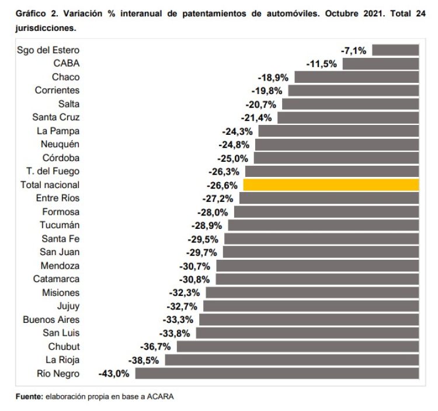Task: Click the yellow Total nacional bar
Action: [331, 184]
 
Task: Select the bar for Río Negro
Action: [285, 374]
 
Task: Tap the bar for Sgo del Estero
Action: [395, 50]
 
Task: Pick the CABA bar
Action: [381, 64]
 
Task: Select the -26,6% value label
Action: [221, 185]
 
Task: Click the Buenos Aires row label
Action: [51, 319]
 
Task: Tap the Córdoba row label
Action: [61, 158]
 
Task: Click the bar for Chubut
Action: [298, 347]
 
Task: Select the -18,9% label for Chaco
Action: [274, 77]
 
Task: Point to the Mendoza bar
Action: [318, 266]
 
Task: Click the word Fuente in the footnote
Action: [29, 397]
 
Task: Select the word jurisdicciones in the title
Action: [46, 27]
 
